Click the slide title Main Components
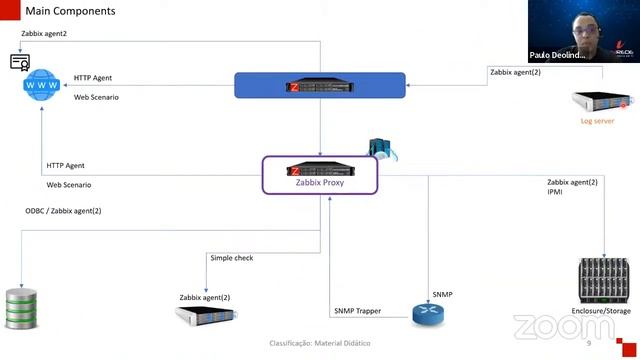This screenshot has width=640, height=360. [x=70, y=11]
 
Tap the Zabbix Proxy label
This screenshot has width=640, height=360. [x=320, y=183]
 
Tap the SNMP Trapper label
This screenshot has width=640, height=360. [x=357, y=311]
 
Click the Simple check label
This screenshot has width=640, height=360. [x=231, y=258]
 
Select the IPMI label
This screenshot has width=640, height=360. [x=556, y=191]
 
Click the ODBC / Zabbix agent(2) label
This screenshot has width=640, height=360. [x=63, y=211]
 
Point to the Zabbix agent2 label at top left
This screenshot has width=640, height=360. [x=44, y=34]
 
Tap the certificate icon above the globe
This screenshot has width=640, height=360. [x=20, y=62]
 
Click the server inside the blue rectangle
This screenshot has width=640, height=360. [x=320, y=85]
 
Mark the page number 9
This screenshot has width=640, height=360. [x=589, y=343]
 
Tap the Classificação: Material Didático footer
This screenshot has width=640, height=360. [x=319, y=343]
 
